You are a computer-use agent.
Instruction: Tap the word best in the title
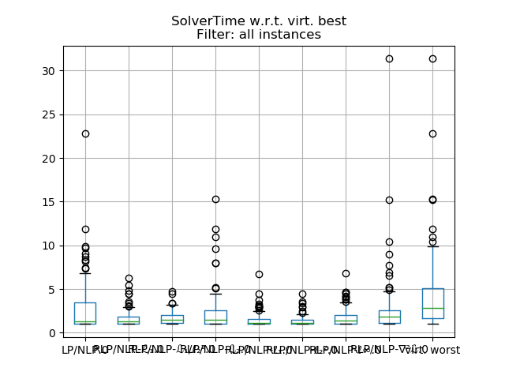click(331, 21)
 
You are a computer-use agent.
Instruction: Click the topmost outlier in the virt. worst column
click(432, 58)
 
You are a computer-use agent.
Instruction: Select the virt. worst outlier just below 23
click(432, 133)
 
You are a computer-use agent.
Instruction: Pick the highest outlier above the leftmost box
click(85, 133)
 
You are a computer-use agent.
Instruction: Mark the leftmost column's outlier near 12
click(85, 229)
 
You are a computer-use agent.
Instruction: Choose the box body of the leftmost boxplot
click(85, 311)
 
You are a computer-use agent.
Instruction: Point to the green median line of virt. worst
click(432, 308)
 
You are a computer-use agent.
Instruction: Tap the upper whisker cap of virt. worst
click(432, 246)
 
